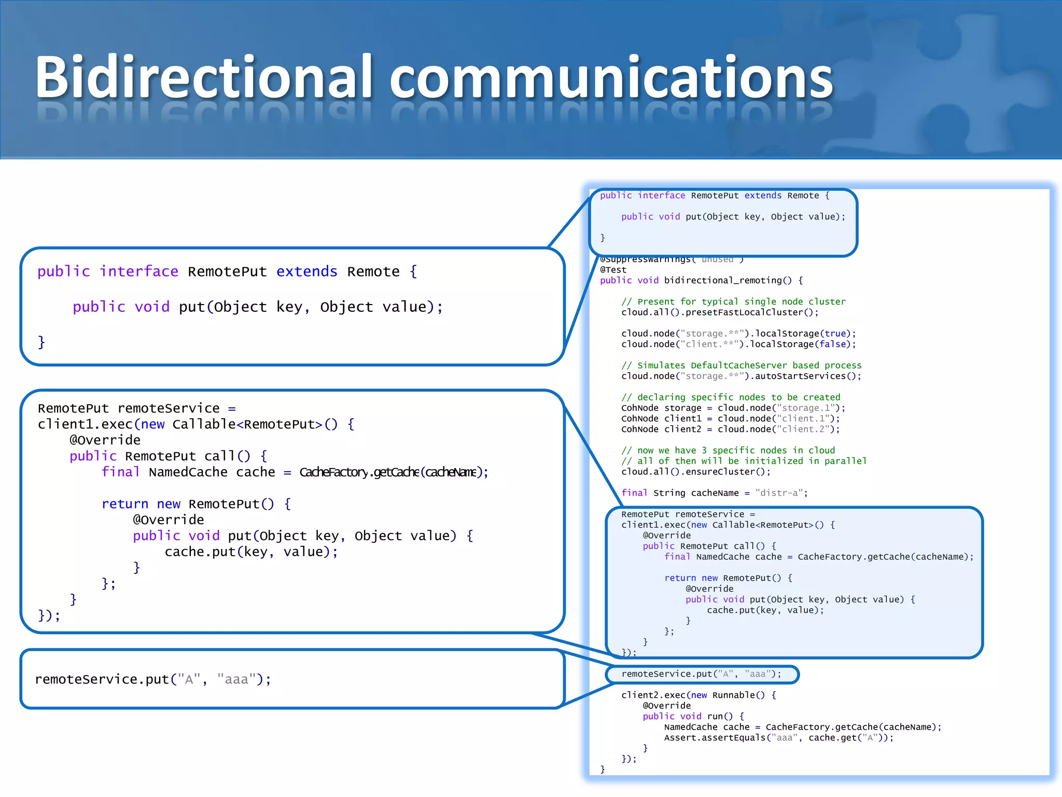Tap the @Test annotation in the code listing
(x=613, y=270)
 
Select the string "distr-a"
(x=779, y=493)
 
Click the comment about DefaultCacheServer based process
(x=742, y=365)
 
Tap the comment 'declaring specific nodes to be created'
(x=731, y=397)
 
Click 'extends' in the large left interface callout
(x=306, y=271)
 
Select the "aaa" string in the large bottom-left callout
(x=236, y=679)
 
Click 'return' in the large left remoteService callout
(x=125, y=504)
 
